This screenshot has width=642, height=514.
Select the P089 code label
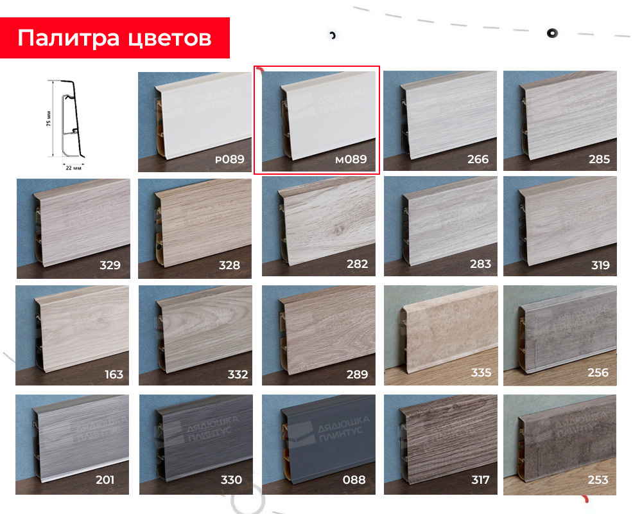point(229,159)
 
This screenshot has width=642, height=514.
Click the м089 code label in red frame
point(351,159)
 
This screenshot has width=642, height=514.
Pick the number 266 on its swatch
point(478,159)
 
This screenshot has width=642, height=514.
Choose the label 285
point(598,159)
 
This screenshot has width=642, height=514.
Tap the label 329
point(110,265)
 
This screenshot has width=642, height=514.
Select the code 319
point(598,264)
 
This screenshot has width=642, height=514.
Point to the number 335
point(480,373)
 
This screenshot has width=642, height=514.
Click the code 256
point(598,373)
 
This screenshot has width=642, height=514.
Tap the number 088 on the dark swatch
point(354,480)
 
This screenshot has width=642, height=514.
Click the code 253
point(598,480)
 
